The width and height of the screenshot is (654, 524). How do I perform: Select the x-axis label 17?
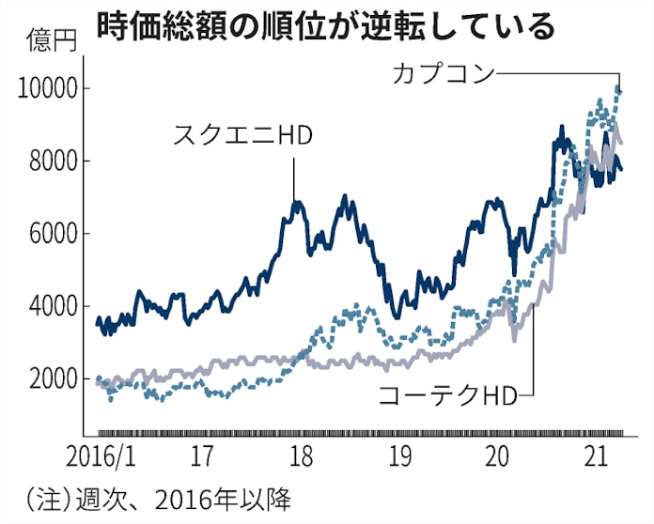(199, 460)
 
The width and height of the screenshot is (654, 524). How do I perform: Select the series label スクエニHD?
(242, 137)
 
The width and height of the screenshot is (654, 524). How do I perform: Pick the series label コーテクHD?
(447, 395)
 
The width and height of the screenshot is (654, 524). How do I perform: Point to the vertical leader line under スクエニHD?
(294, 178)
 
